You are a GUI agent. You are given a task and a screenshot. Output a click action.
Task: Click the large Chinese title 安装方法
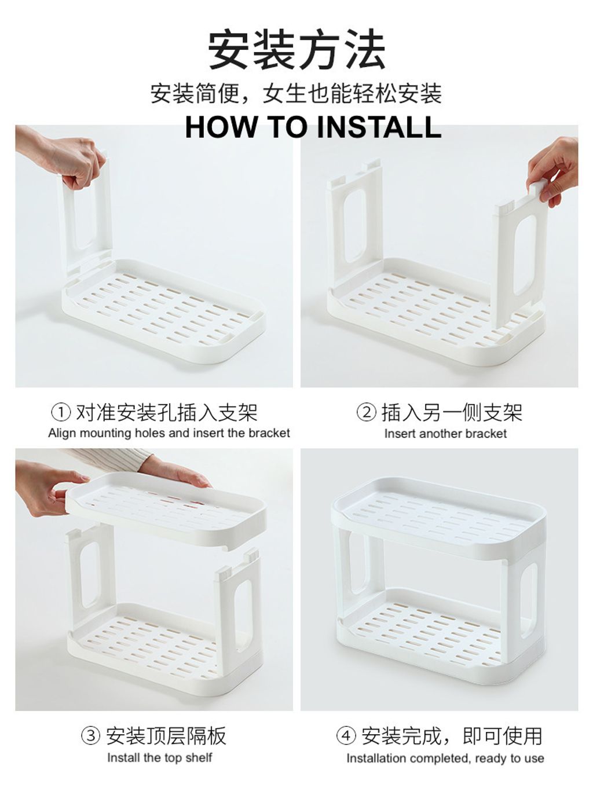point(297,50)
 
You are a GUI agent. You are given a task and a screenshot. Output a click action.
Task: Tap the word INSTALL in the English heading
point(379,127)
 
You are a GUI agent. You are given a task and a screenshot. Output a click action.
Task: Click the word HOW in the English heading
point(222,127)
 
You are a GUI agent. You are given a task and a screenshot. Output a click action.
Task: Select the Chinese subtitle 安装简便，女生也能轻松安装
point(296,94)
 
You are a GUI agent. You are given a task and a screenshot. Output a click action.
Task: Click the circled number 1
point(61,412)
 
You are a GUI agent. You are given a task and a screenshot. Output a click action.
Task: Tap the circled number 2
point(367,412)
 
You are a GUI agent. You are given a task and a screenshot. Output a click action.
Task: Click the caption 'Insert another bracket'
point(445,434)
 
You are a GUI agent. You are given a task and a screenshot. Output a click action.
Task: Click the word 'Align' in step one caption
point(62,433)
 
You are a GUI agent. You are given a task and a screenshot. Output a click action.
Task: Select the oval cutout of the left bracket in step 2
point(354,225)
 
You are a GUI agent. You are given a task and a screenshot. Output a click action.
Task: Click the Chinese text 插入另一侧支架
point(452,412)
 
